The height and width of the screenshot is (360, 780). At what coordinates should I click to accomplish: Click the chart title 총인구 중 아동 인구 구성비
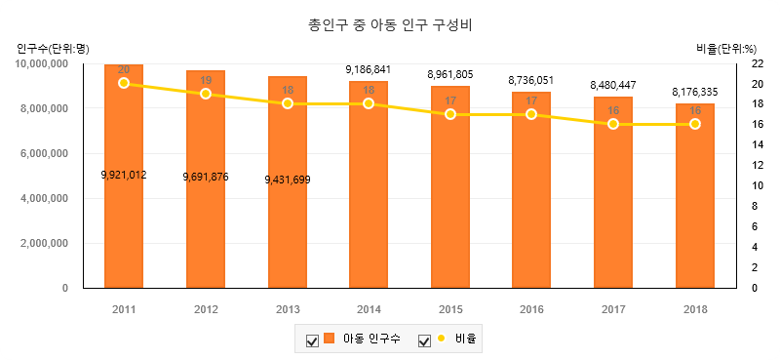pyautogui.click(x=390, y=25)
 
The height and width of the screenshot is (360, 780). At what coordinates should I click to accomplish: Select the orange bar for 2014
pyautogui.click(x=369, y=184)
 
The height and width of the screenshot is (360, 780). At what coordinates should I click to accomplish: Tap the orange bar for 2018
pyautogui.click(x=695, y=196)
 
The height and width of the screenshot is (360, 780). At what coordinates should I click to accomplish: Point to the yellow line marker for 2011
pyautogui.click(x=124, y=83)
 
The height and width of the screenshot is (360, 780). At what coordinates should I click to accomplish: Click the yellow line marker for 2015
pyautogui.click(x=450, y=114)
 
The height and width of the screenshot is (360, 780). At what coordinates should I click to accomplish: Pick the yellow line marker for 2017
pyautogui.click(x=613, y=124)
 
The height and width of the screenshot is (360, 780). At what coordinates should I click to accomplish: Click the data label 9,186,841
pyautogui.click(x=369, y=69)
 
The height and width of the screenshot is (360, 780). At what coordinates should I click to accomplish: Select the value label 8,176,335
pyautogui.click(x=695, y=92)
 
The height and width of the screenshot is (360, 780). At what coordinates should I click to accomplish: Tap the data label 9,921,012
pyautogui.click(x=124, y=175)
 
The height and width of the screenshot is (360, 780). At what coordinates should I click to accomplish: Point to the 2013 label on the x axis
pyautogui.click(x=287, y=309)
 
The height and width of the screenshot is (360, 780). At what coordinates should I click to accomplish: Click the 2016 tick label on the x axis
pyautogui.click(x=531, y=309)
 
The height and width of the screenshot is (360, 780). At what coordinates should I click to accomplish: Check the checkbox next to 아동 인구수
pyautogui.click(x=312, y=341)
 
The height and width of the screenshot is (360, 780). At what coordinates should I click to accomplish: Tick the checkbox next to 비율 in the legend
pyautogui.click(x=424, y=341)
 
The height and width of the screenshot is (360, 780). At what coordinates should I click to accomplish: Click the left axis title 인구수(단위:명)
pyautogui.click(x=53, y=49)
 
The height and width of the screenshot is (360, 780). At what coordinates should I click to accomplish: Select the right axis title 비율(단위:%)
pyautogui.click(x=726, y=49)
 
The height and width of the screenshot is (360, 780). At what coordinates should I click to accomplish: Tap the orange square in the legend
pyautogui.click(x=329, y=339)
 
